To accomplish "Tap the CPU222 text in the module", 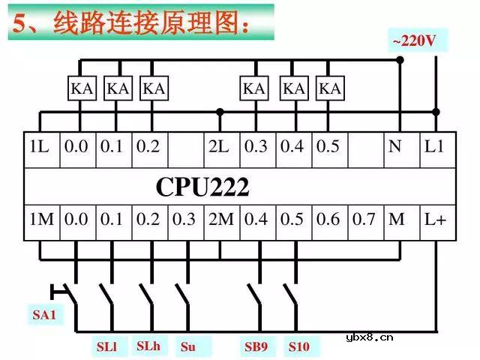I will tap(202, 185).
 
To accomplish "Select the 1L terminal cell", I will tap(40, 147).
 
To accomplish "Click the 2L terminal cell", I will tap(220, 147).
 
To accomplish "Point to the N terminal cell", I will tap(397, 147).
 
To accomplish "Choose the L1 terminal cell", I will tap(435, 147).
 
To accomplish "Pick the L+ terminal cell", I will tap(435, 220).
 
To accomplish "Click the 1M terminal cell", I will tap(42, 220).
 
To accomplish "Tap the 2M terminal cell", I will tap(221, 220).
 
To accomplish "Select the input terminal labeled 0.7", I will tap(364, 220).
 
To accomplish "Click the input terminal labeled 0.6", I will tap(328, 220).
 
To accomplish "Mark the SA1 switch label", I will tap(44, 315).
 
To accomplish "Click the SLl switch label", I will tap(107, 346).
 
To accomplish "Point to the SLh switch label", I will tap(148, 346).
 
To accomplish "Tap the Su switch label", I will tap(188, 346).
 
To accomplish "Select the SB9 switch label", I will tap(256, 346).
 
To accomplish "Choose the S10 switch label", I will tap(298, 346).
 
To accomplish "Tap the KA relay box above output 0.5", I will tap(328, 88).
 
